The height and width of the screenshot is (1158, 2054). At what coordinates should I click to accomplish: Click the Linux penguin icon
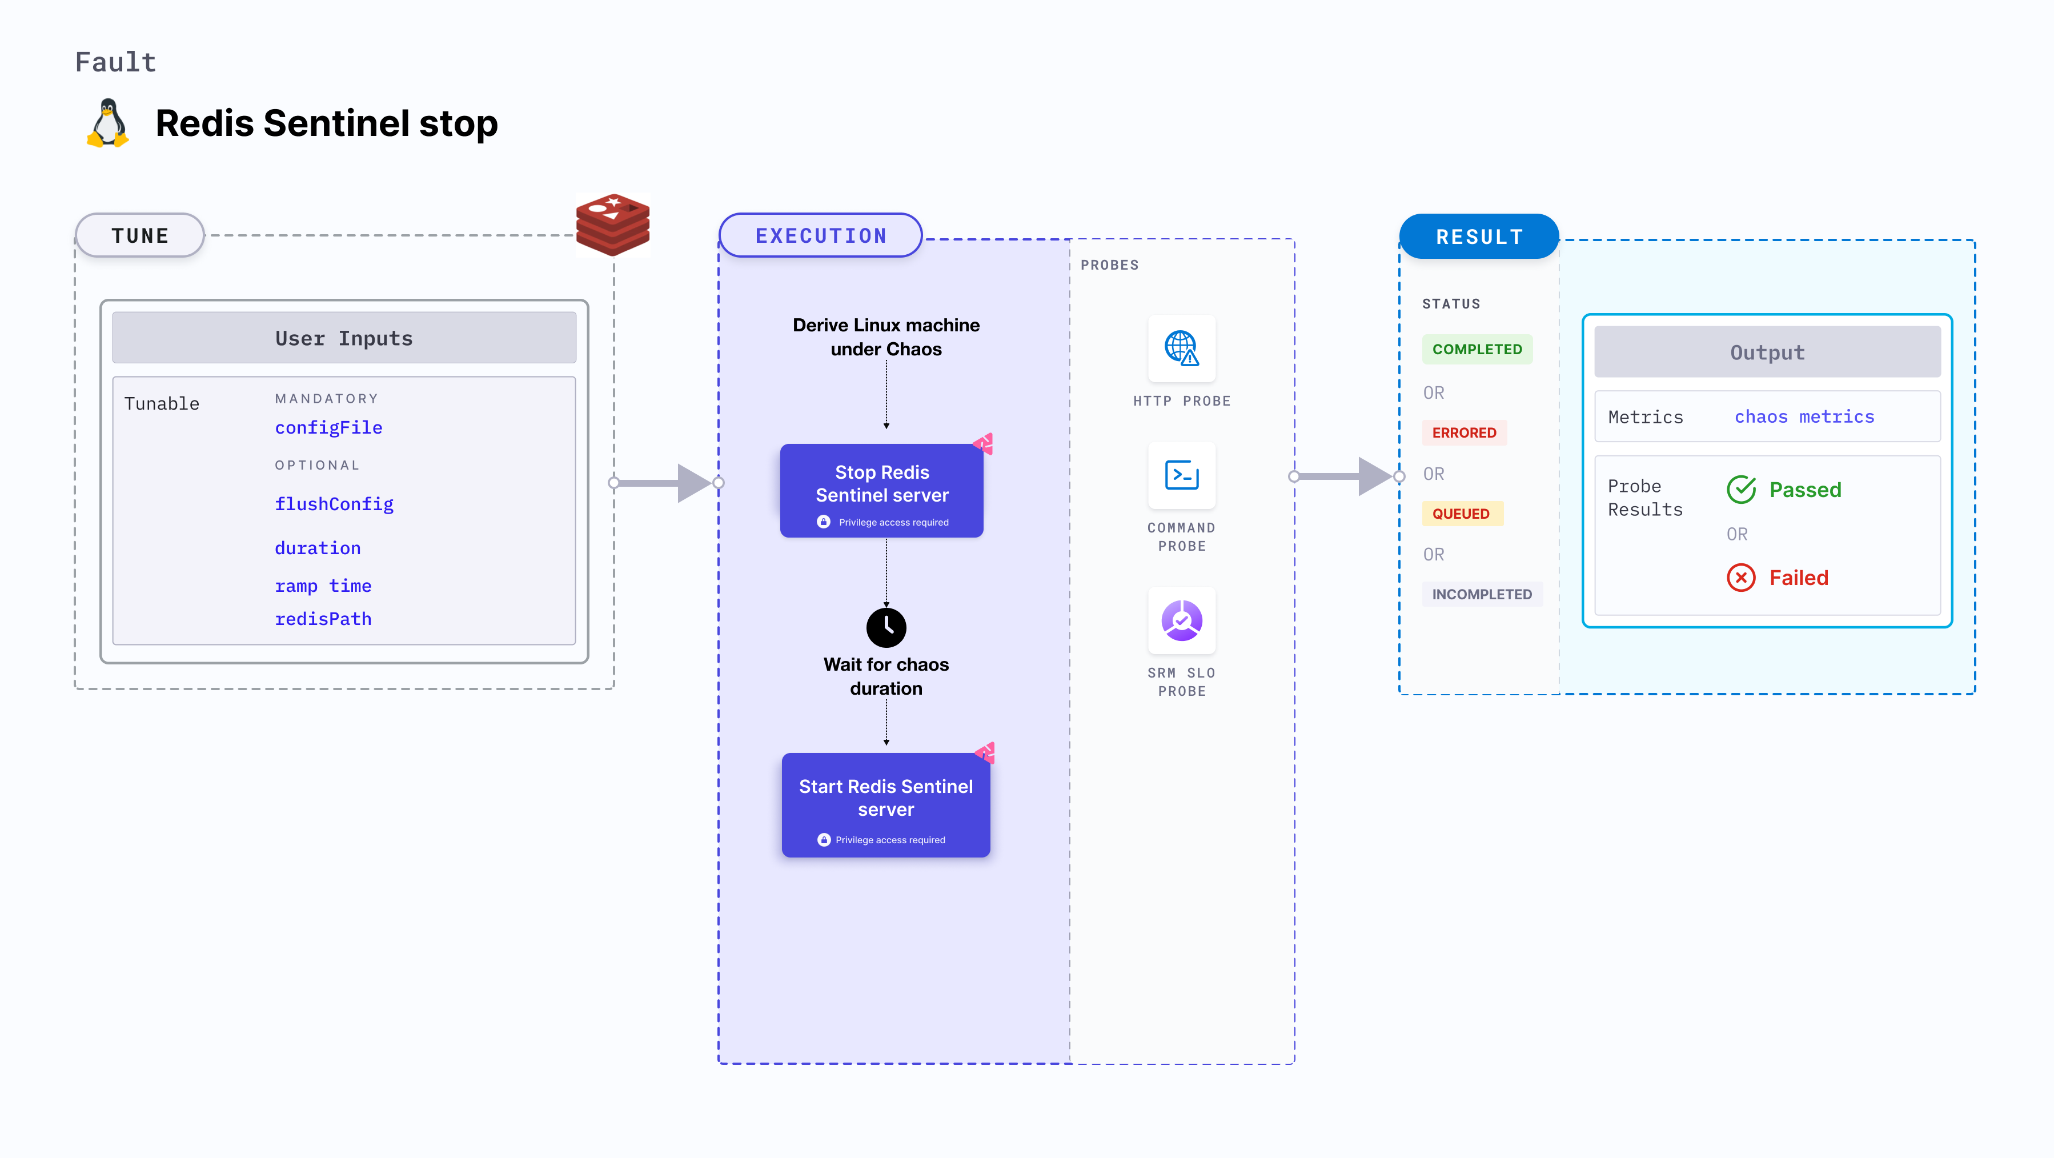107,123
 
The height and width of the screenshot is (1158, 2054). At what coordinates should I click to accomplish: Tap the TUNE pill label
141,235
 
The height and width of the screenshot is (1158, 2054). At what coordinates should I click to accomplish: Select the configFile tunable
328,427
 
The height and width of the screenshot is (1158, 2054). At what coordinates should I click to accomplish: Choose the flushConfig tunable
334,504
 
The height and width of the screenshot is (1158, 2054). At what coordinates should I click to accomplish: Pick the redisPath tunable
323,619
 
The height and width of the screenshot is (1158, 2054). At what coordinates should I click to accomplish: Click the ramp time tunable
323,586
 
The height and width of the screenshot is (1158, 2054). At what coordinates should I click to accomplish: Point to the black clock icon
886,628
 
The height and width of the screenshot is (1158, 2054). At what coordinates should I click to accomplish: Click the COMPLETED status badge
1477,349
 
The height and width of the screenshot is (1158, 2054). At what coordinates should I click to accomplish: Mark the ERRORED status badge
1464,432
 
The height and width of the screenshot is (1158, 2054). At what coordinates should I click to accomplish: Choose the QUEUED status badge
1461,514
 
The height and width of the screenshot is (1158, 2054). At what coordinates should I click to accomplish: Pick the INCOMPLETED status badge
1482,594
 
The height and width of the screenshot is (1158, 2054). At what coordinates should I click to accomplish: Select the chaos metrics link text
1804,416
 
